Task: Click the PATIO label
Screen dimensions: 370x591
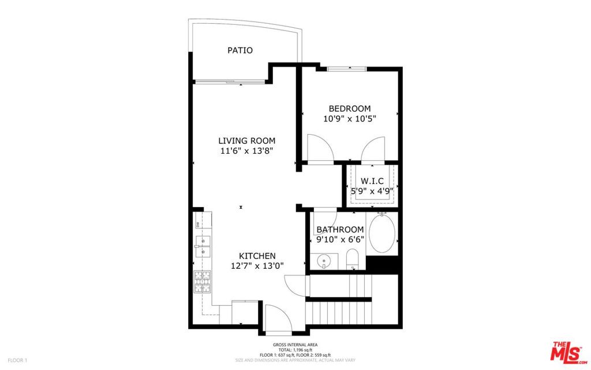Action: pyautogui.click(x=240, y=50)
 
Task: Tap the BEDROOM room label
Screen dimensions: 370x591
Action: pyautogui.click(x=349, y=109)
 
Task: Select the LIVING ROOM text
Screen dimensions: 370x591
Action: pyautogui.click(x=246, y=140)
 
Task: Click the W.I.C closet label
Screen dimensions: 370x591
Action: pyautogui.click(x=372, y=181)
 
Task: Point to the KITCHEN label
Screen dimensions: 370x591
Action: pyautogui.click(x=257, y=256)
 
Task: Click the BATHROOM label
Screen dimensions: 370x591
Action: pyautogui.click(x=340, y=230)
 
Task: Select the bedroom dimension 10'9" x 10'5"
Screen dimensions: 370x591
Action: pyautogui.click(x=349, y=119)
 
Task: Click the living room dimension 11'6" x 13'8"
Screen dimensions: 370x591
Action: pyautogui.click(x=246, y=151)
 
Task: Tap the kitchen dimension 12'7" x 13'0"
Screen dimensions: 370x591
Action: pyautogui.click(x=257, y=266)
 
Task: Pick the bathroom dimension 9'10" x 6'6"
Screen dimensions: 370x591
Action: pyautogui.click(x=340, y=239)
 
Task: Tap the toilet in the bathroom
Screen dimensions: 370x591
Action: pyautogui.click(x=353, y=260)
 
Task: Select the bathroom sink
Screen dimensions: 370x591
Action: pyautogui.click(x=324, y=261)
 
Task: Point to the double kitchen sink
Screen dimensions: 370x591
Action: pyautogui.click(x=202, y=246)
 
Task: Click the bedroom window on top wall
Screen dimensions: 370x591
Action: pyautogui.click(x=347, y=69)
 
